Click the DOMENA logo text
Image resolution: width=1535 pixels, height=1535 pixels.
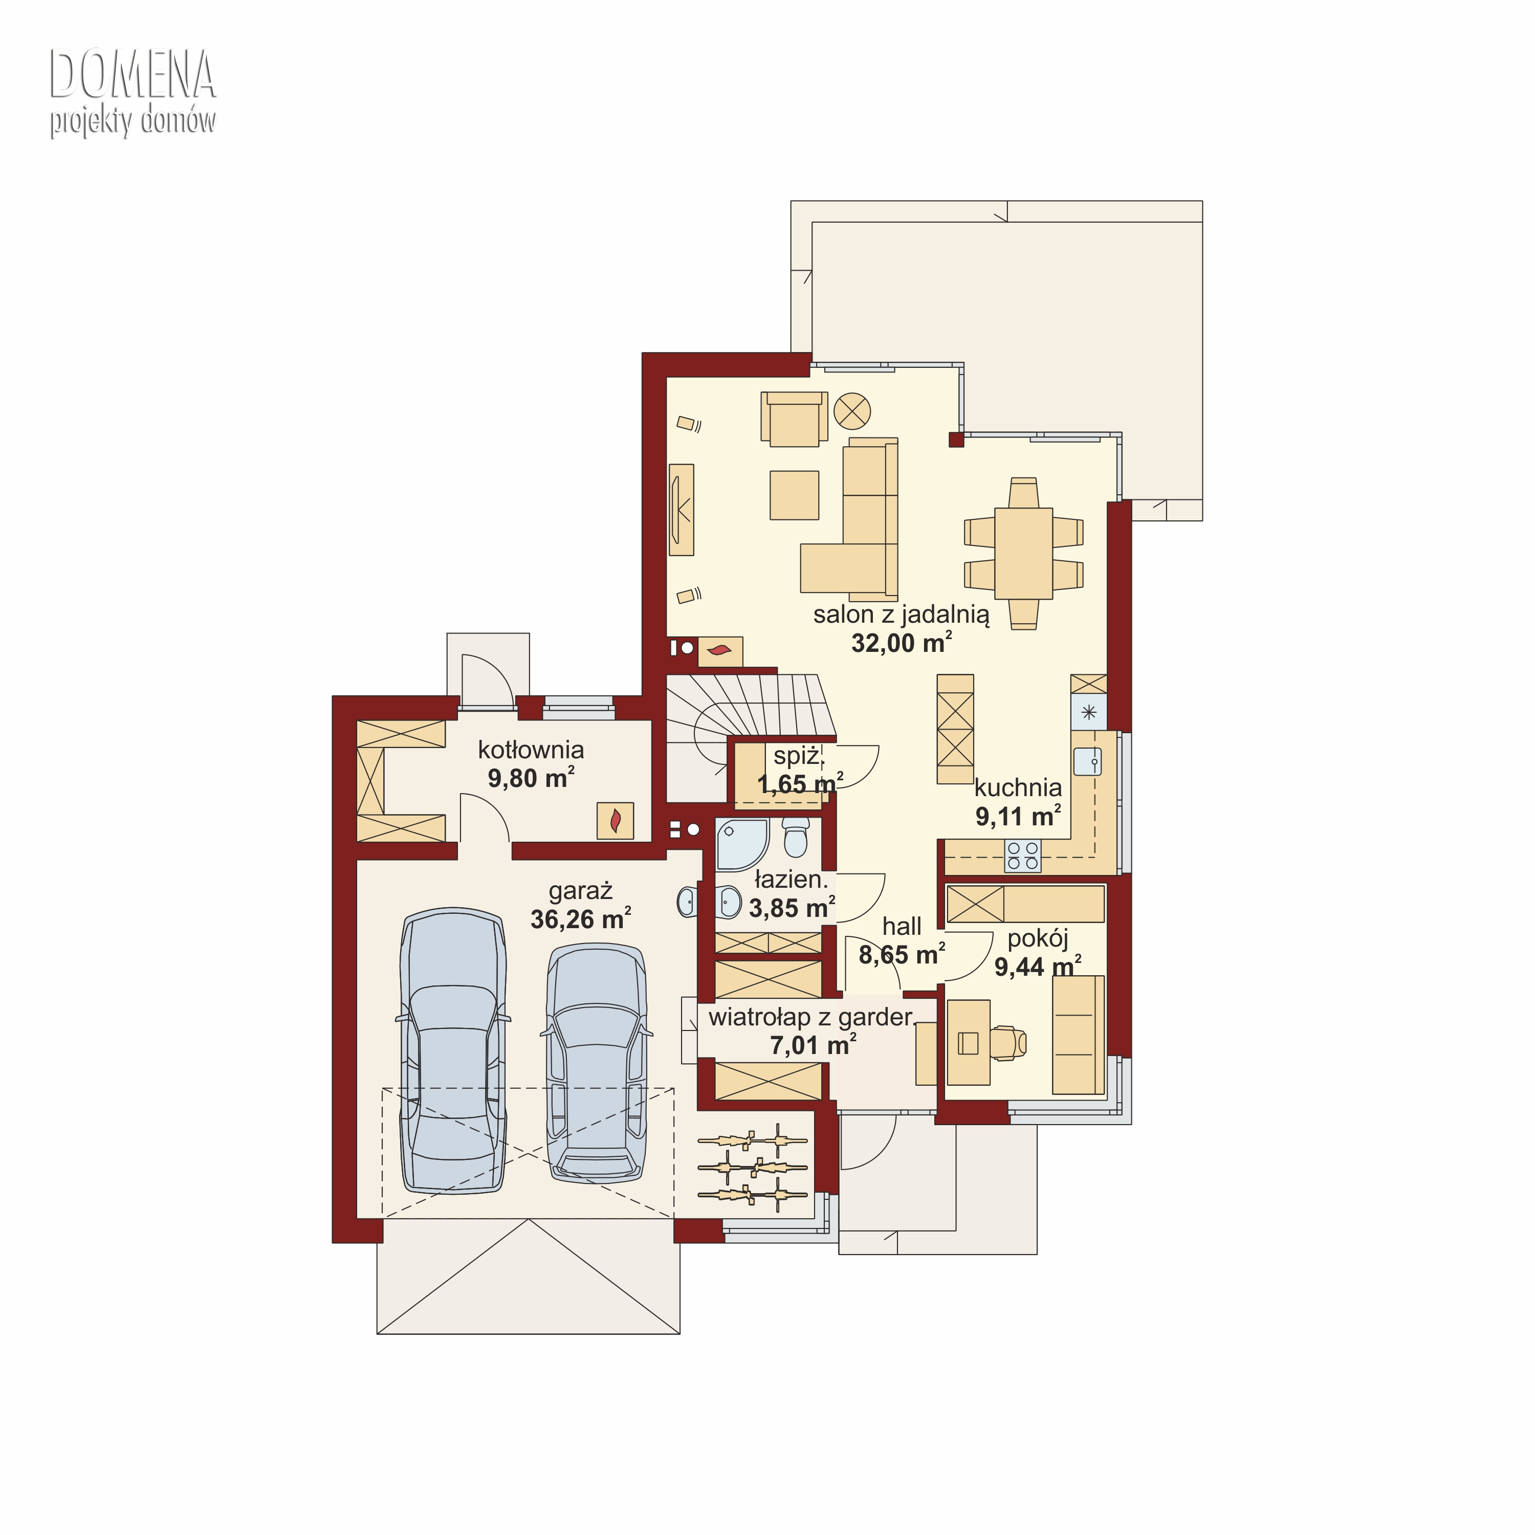133,73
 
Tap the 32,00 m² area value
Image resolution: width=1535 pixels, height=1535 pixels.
901,642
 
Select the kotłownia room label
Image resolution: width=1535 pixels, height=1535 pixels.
531,749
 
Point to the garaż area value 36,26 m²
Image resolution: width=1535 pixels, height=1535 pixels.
580,918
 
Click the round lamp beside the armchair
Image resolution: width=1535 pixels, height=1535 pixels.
852,411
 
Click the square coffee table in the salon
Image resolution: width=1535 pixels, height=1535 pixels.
794,495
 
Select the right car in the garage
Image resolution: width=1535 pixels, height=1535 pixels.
596,1062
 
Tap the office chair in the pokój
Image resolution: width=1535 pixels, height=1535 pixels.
1007,1042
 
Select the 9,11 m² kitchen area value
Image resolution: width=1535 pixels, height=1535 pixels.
1018,816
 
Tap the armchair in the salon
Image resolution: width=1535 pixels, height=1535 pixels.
794,418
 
